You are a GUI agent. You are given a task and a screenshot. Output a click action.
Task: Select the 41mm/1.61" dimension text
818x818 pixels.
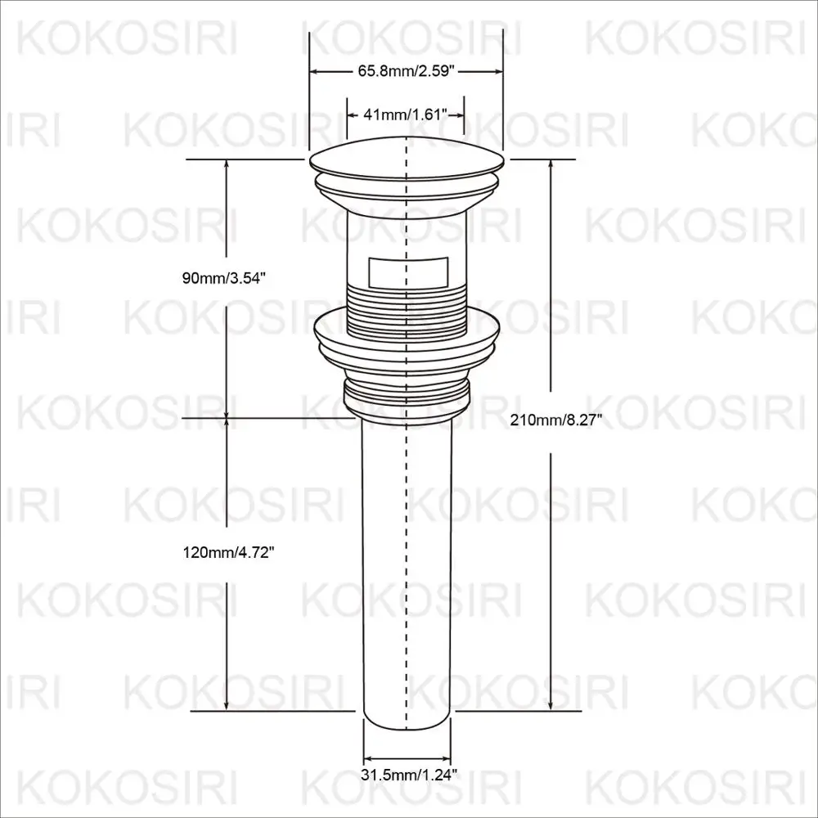(x=407, y=115)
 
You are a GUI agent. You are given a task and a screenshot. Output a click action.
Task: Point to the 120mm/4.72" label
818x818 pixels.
(x=227, y=553)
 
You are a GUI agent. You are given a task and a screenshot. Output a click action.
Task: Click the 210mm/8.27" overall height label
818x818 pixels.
(x=556, y=420)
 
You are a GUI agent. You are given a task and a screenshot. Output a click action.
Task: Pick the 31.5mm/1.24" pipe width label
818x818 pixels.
(x=407, y=773)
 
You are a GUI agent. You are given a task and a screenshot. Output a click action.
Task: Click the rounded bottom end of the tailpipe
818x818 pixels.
(x=407, y=719)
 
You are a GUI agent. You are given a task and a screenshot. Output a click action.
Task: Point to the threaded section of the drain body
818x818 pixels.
(x=407, y=307)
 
